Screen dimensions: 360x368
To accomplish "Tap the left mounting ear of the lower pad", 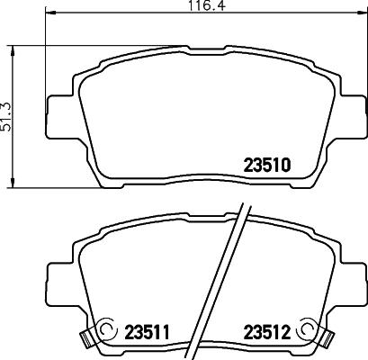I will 56,285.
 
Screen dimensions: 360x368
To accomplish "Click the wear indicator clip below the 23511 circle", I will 88,339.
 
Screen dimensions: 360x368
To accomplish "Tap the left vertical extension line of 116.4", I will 44,54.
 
